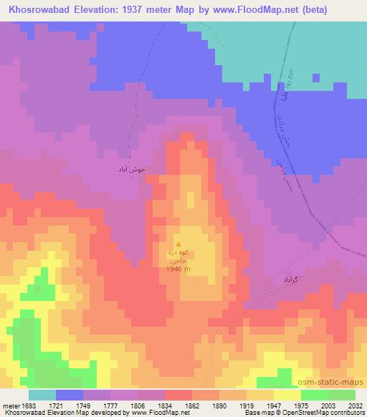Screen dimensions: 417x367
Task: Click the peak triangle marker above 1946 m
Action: (x=179, y=244)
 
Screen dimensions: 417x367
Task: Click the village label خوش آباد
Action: (x=131, y=170)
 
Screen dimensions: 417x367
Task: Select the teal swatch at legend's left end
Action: (x=42, y=395)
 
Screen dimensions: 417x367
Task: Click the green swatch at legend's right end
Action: (x=342, y=395)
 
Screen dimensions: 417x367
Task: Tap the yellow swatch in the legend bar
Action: (x=287, y=395)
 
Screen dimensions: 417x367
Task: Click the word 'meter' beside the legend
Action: (x=10, y=405)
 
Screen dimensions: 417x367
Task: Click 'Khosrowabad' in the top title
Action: (x=34, y=9)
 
